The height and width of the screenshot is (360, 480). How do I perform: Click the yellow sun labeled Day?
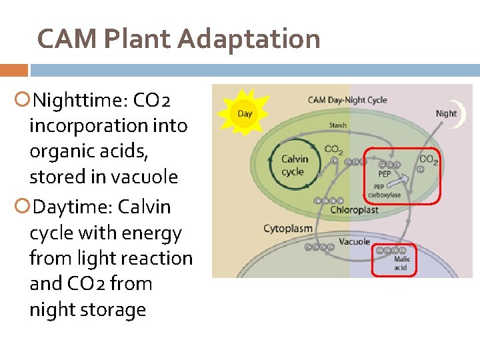[245, 113]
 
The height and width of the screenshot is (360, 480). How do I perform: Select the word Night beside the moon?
[446, 113]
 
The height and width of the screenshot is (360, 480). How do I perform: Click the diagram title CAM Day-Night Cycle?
[347, 101]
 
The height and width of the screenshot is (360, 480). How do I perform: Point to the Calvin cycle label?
[294, 165]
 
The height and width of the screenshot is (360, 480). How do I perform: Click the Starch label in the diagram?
[338, 125]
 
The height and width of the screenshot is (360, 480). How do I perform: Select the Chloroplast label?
[354, 209]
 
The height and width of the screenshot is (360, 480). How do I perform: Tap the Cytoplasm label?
[287, 229]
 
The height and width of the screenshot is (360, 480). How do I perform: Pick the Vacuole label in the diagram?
[354, 241]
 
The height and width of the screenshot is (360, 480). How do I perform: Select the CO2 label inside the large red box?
[427, 160]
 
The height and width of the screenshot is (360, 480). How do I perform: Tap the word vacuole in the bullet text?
[146, 177]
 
